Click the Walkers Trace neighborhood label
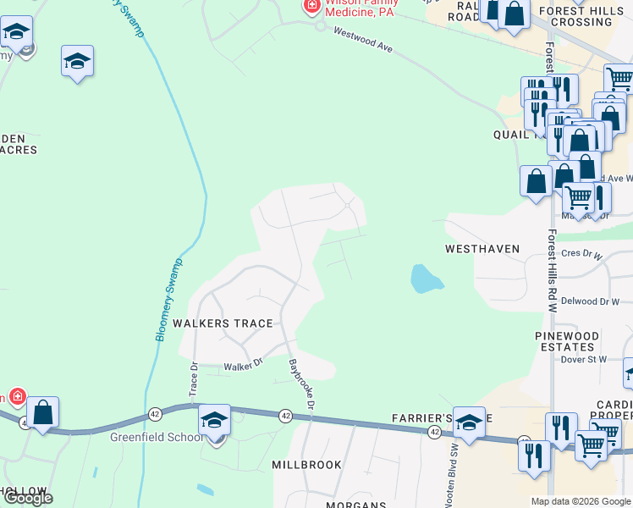223,323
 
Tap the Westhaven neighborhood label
482,249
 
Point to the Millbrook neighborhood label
306,465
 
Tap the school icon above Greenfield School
214,420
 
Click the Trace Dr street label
194,380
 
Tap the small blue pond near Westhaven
425,279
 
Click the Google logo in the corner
27,497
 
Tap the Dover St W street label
584,359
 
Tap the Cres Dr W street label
581,254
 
